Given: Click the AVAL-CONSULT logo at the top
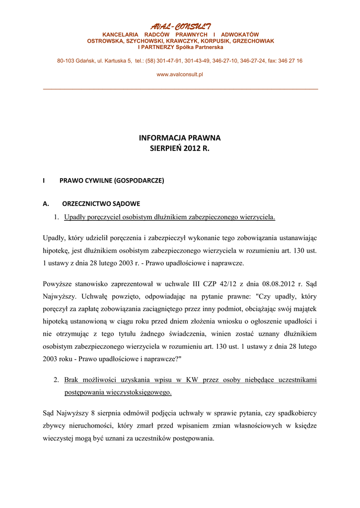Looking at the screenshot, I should (180, 26).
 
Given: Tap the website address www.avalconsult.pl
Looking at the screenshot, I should (180, 74).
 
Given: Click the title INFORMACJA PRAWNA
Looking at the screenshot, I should (180, 138).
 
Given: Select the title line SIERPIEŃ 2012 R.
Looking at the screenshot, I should (180, 148).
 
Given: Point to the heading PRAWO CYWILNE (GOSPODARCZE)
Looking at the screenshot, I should (112, 181).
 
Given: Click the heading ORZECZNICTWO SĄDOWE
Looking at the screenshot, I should (101, 203).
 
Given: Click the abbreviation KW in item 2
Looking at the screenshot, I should (192, 380).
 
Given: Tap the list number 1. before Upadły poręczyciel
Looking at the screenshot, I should (57, 217).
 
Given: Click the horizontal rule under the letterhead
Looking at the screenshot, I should (180, 89).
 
